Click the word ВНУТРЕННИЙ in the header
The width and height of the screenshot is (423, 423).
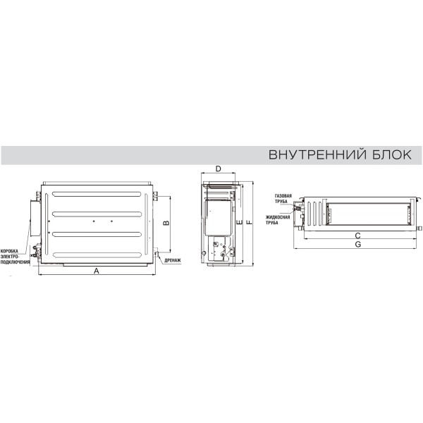(x=317, y=154)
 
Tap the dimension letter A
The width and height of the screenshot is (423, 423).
(x=97, y=271)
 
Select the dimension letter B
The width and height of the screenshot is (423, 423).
(x=166, y=223)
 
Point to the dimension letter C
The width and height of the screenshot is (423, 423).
(x=357, y=235)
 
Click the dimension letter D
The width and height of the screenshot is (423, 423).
(x=219, y=169)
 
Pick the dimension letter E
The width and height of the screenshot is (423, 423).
(x=239, y=223)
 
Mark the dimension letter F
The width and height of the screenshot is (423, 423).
(x=250, y=223)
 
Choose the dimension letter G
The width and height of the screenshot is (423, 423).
(x=358, y=244)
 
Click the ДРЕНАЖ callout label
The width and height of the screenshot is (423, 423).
(x=173, y=261)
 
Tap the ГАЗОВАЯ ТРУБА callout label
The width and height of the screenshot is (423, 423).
(x=283, y=199)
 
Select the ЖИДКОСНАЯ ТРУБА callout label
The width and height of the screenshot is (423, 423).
(x=278, y=220)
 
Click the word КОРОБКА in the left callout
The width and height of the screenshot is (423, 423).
(x=9, y=251)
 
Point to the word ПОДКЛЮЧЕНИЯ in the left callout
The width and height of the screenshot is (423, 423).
(x=15, y=262)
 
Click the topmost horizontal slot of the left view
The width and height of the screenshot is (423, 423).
(x=97, y=195)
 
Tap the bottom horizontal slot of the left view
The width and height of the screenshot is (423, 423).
(x=97, y=255)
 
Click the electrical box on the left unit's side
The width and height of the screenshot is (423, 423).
(x=35, y=219)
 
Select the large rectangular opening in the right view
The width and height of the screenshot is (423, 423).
(x=368, y=214)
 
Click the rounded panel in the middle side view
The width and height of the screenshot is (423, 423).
(x=219, y=218)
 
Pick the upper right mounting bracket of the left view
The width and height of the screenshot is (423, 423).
(x=155, y=196)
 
